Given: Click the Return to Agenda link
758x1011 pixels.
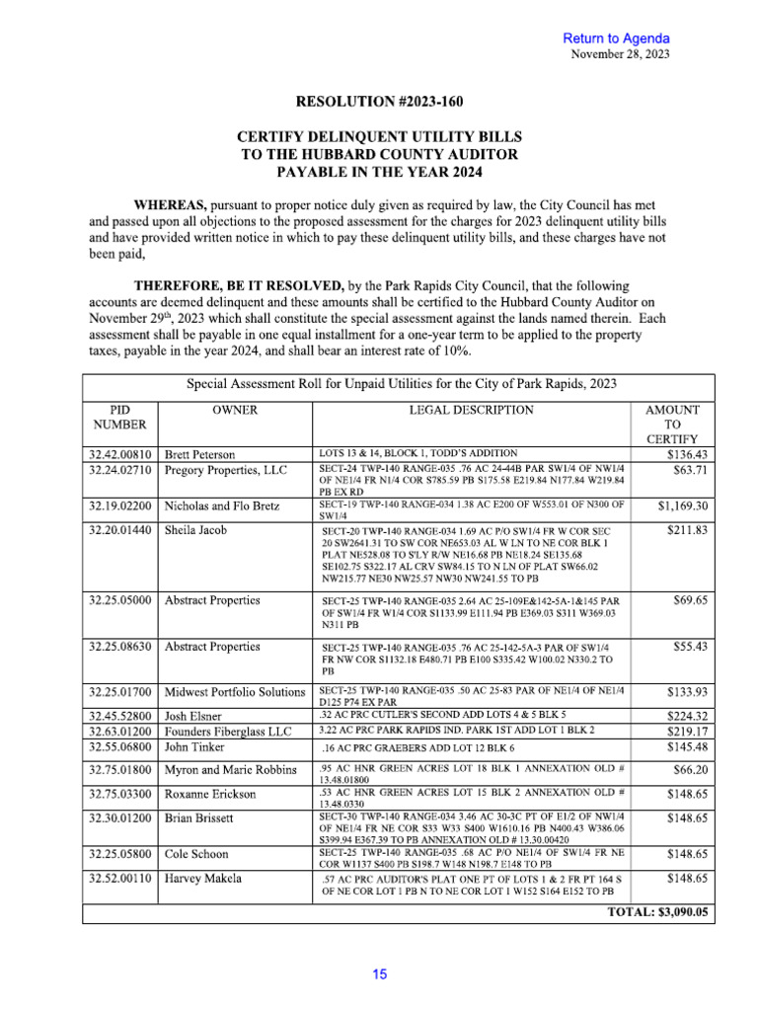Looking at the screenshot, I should click(616, 38).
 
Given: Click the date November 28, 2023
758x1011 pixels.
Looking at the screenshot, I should click(621, 53).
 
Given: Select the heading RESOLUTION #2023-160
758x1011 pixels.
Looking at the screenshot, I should click(379, 102).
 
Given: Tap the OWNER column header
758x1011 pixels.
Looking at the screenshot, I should click(235, 410).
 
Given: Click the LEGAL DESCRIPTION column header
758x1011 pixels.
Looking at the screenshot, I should click(472, 410).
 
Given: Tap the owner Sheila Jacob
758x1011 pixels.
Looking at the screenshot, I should click(195, 530).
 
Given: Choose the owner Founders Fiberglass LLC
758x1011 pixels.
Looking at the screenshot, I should click(228, 732).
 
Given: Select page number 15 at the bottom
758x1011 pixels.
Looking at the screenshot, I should click(379, 974).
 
